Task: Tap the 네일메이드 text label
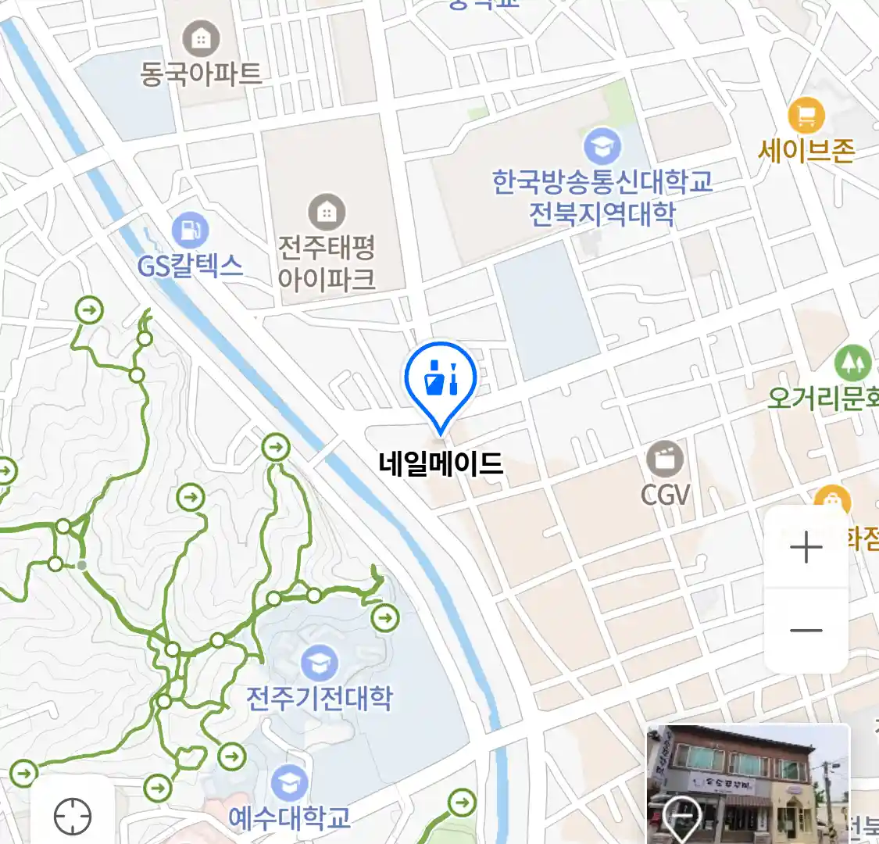[440, 464]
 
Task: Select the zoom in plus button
[806, 548]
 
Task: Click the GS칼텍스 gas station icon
[190, 231]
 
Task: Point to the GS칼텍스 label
[191, 266]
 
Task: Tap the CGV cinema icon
[665, 459]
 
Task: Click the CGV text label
[666, 494]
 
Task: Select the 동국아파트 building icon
[201, 38]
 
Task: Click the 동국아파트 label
[201, 74]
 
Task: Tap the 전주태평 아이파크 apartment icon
[327, 212]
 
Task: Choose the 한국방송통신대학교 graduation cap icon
[602, 146]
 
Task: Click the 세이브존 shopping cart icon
[806, 116]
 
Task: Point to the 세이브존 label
[806, 150]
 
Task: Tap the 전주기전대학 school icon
[319, 663]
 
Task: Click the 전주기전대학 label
[319, 698]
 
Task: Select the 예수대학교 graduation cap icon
[290, 784]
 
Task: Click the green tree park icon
[852, 363]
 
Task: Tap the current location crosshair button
[73, 817]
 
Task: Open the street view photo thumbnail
[748, 784]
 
